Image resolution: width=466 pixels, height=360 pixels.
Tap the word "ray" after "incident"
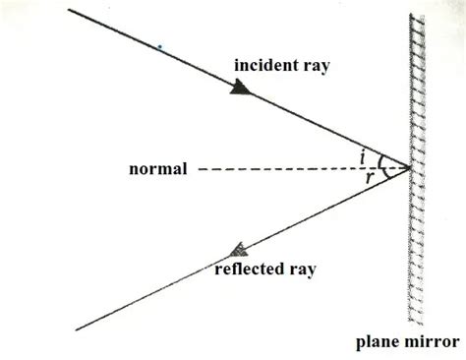313,65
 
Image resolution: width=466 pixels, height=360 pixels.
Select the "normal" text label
158,169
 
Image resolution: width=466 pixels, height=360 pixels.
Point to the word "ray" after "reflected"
302,268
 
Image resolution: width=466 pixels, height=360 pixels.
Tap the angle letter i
364,154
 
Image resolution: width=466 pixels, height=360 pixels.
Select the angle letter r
369,178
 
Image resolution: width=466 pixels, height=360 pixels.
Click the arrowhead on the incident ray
239,88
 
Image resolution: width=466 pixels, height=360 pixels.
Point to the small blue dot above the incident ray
159,46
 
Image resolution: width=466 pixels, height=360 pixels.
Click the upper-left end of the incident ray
69,9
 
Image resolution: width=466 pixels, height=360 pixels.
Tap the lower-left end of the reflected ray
75,330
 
